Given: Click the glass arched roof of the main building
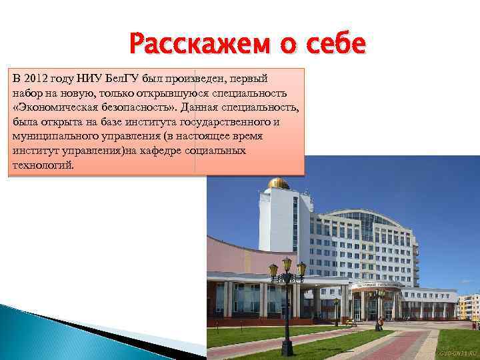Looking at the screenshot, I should point(363,218).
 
